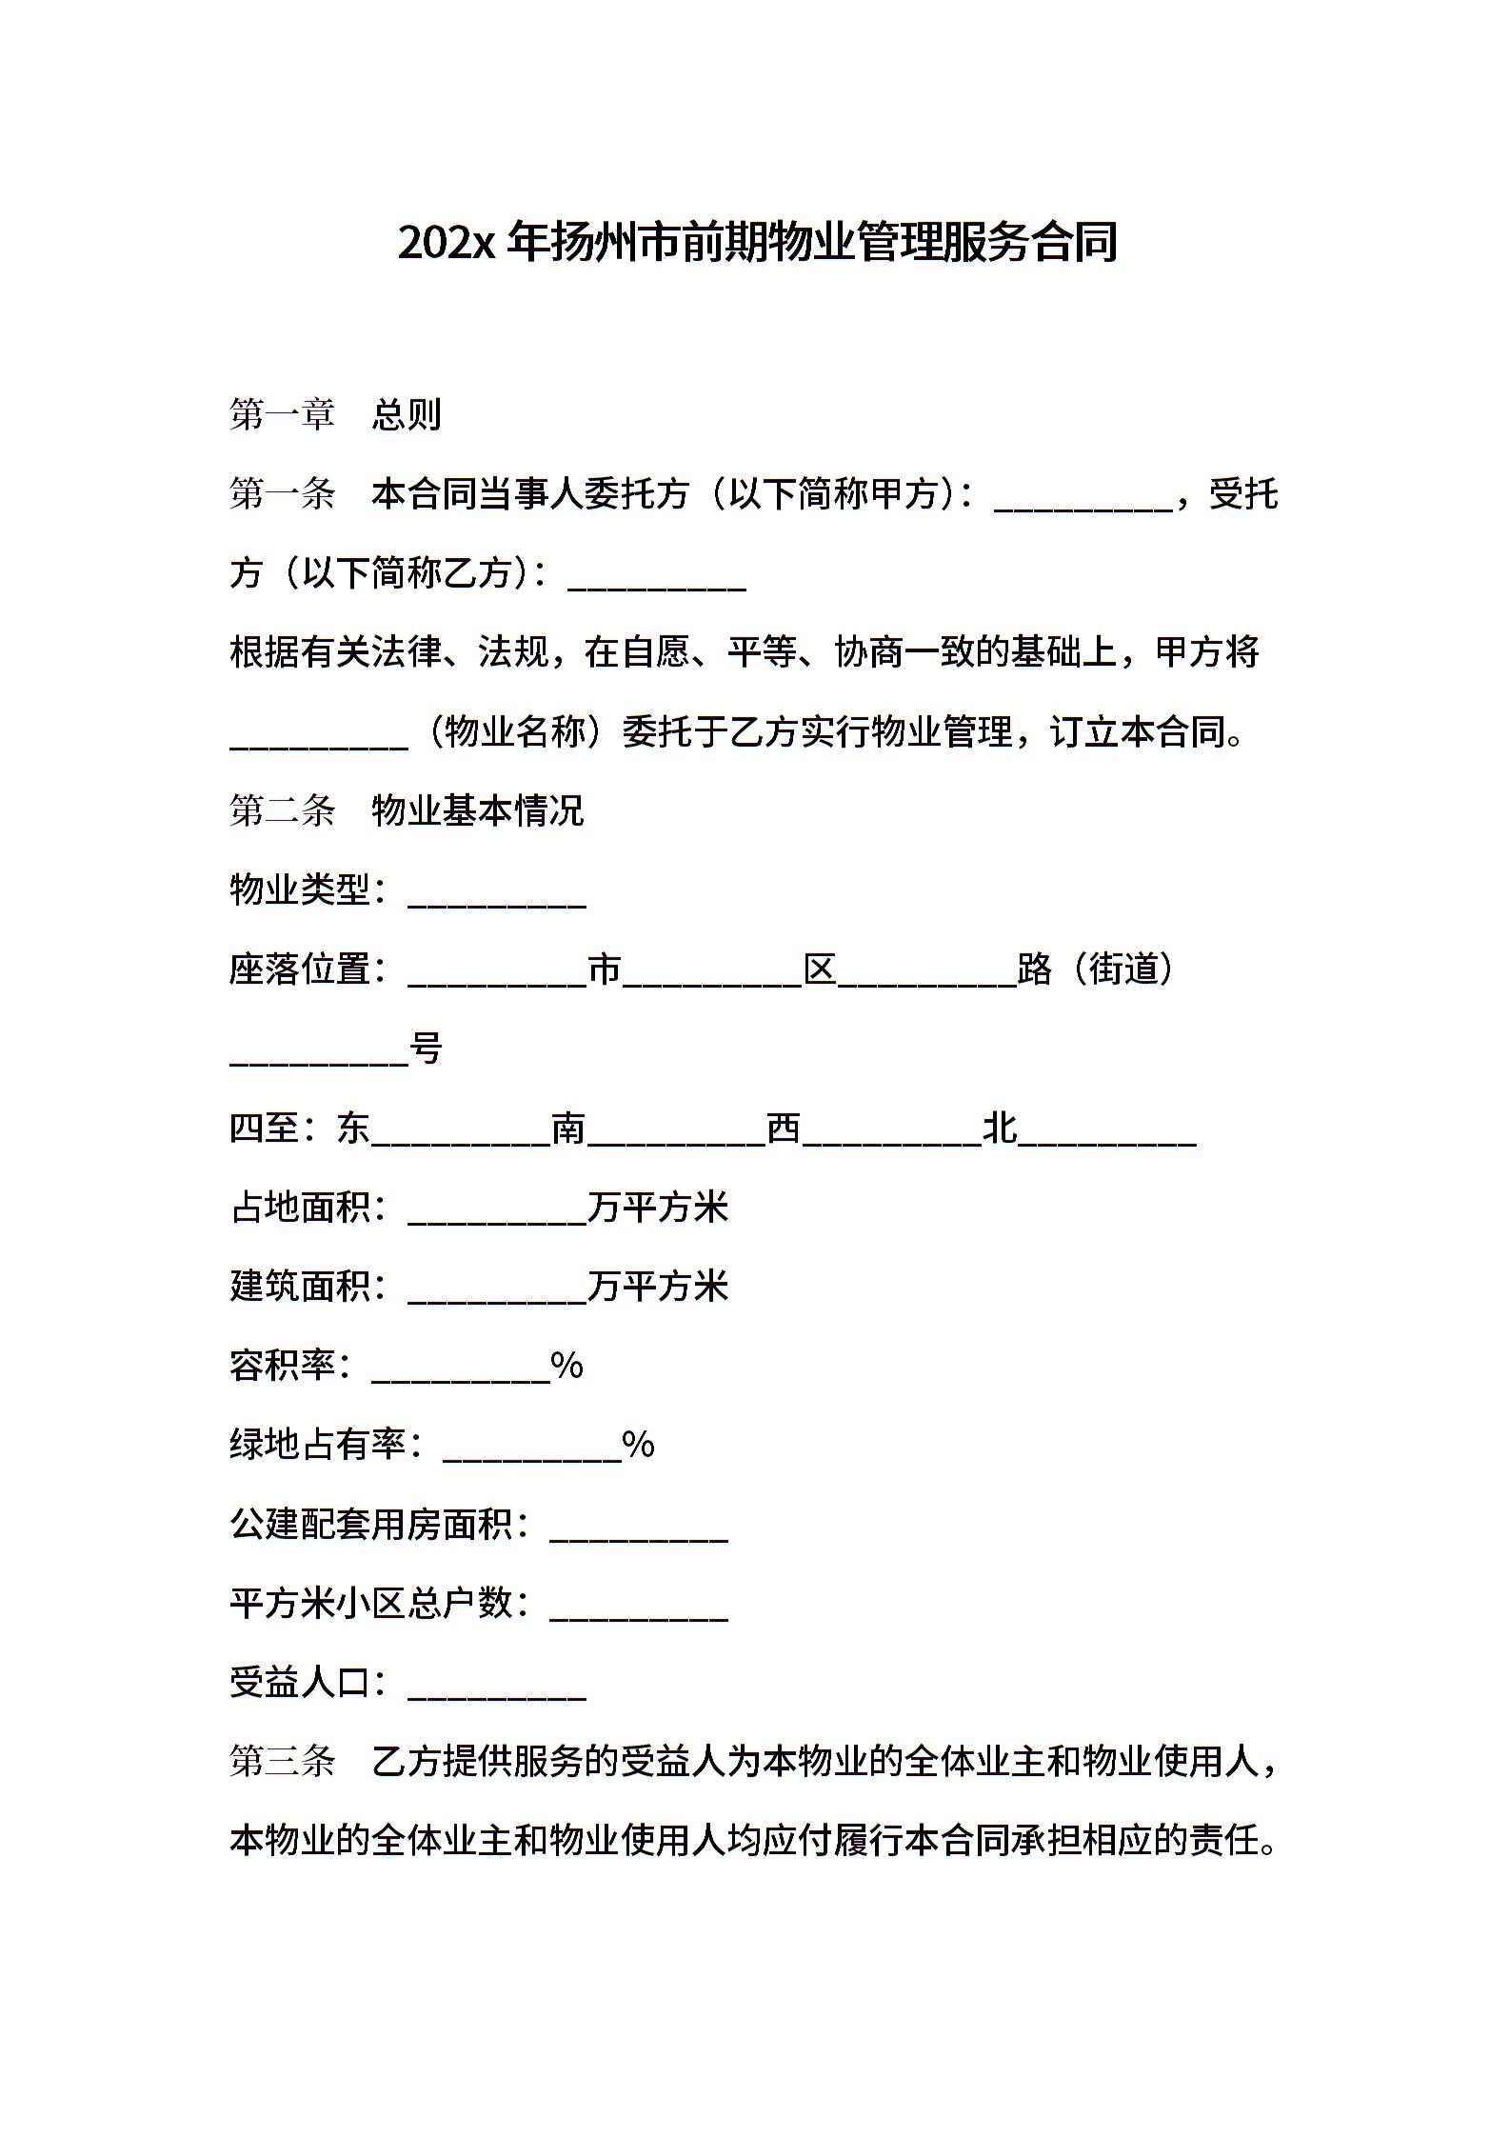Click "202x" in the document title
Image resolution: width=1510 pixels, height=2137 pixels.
pyautogui.click(x=447, y=244)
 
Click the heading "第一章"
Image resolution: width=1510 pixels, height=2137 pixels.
pyautogui.click(x=282, y=415)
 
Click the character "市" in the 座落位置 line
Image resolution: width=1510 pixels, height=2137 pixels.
pyautogui.click(x=605, y=970)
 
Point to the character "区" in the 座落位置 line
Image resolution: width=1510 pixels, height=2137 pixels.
pyautogui.click(x=820, y=970)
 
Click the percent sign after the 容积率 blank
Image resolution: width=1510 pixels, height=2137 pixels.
pyautogui.click(x=567, y=1367)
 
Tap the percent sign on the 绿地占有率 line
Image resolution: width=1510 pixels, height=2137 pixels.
pyautogui.click(x=639, y=1446)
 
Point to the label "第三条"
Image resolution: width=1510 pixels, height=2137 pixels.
pyautogui.click(x=282, y=1763)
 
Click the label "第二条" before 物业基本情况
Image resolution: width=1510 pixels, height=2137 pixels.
pyautogui.click(x=282, y=811)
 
